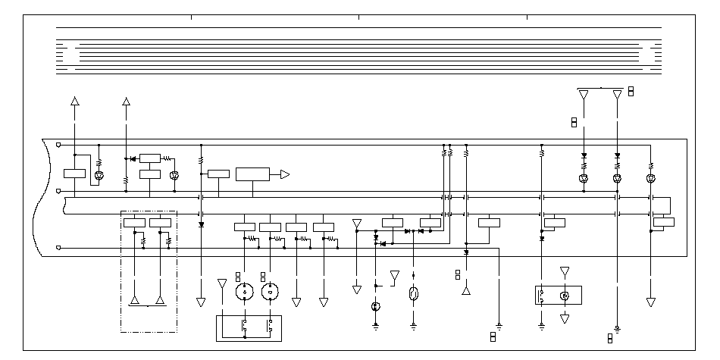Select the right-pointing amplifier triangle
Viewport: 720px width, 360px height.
tap(284, 174)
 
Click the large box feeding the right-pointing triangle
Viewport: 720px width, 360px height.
tap(252, 174)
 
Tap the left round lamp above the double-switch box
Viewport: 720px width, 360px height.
tap(244, 293)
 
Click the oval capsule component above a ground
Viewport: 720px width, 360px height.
tap(413, 294)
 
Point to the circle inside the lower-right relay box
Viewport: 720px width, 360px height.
tap(564, 295)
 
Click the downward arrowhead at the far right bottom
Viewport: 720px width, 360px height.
tap(651, 302)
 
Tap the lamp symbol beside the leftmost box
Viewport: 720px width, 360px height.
tap(99, 177)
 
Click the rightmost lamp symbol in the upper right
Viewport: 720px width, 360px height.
tap(651, 180)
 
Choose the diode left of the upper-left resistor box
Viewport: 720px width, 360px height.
tap(133, 159)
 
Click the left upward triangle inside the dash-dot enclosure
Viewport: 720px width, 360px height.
tap(134, 301)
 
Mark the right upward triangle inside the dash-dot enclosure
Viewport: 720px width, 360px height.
tap(160, 301)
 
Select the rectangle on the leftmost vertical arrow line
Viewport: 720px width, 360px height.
tap(74, 174)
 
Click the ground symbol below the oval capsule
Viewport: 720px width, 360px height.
tap(413, 326)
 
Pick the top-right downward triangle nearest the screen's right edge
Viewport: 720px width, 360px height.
tap(618, 95)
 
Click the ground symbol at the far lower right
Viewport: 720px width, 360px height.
tap(618, 328)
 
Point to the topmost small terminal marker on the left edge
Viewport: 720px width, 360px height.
tap(59, 142)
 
